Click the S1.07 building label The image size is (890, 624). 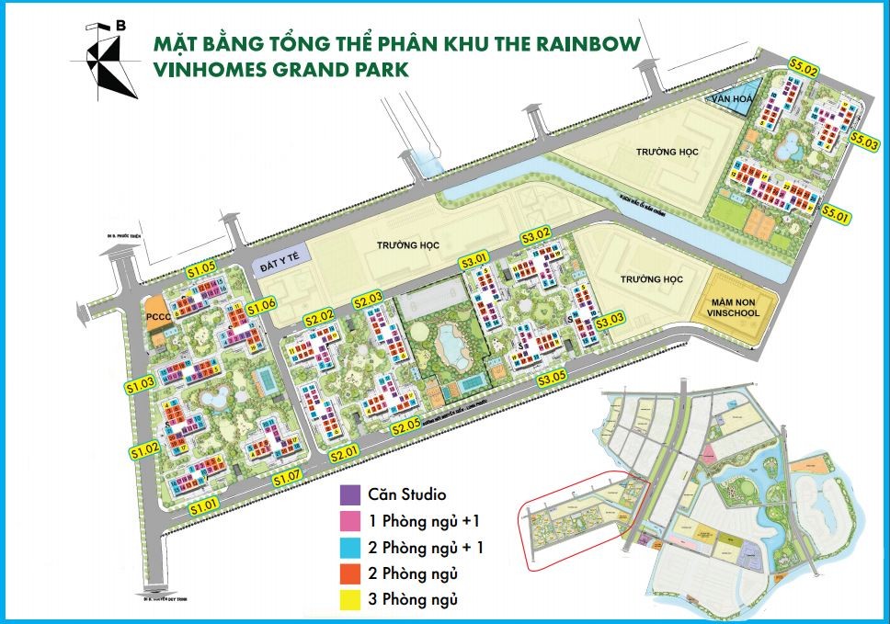[288, 476]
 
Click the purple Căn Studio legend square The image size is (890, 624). [350, 494]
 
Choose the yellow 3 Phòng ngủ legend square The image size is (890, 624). [350, 600]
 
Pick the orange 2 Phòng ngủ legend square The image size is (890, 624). [350, 574]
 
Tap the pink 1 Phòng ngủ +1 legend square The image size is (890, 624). [350, 521]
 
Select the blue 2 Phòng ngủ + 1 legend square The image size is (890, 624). [350, 548]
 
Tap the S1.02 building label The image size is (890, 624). [144, 449]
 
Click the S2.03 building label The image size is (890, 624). [367, 300]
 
